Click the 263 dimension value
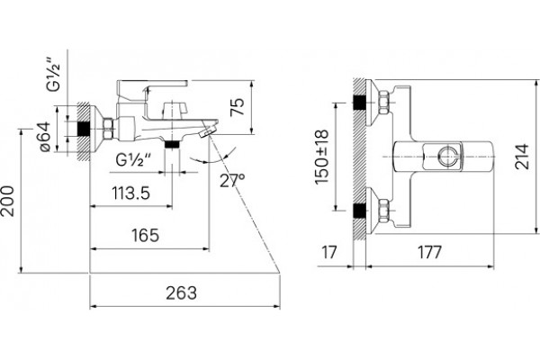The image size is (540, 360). (x=181, y=293)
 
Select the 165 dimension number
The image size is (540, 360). (x=145, y=235)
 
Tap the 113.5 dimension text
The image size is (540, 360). (x=130, y=193)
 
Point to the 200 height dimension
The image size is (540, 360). (x=7, y=202)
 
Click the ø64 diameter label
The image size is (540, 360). (x=45, y=137)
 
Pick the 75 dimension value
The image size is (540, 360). (x=238, y=107)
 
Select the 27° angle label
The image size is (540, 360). (x=232, y=180)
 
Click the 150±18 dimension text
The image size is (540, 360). (x=322, y=157)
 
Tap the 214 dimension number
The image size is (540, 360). (x=521, y=157)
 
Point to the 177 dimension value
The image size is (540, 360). (x=429, y=252)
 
